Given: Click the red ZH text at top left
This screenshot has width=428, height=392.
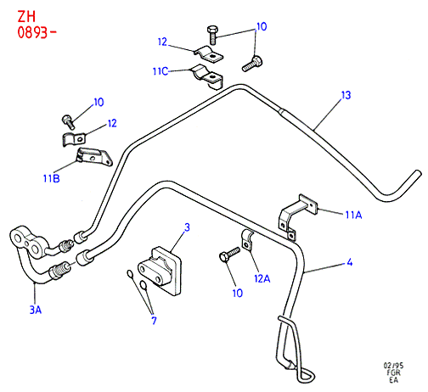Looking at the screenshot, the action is tap(26, 17).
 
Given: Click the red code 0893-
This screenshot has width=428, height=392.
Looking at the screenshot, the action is tap(37, 32).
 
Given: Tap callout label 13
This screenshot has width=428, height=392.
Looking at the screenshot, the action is tap(346, 95).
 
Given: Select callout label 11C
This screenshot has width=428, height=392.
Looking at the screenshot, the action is tap(160, 71).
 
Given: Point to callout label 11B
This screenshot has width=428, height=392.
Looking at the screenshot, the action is tap(52, 178).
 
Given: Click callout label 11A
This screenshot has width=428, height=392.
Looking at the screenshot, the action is tap(353, 215).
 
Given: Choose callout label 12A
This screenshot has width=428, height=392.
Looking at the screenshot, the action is tap(262, 278).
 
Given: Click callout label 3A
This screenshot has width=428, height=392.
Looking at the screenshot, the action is tap(36, 310).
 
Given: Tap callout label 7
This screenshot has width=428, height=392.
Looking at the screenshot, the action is tap(154, 321).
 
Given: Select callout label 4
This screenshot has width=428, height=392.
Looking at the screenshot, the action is tap(350, 262).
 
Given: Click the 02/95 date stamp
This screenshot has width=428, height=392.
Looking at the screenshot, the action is tap(393, 366).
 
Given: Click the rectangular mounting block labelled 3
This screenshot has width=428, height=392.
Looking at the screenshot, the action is tap(159, 271).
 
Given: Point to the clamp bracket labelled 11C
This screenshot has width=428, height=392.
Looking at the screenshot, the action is tap(208, 76).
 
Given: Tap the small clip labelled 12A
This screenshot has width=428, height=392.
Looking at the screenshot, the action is tap(247, 241).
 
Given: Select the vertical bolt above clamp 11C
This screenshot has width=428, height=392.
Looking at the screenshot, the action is tap(212, 35).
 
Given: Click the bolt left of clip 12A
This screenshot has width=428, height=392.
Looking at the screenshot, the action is tap(229, 255).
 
